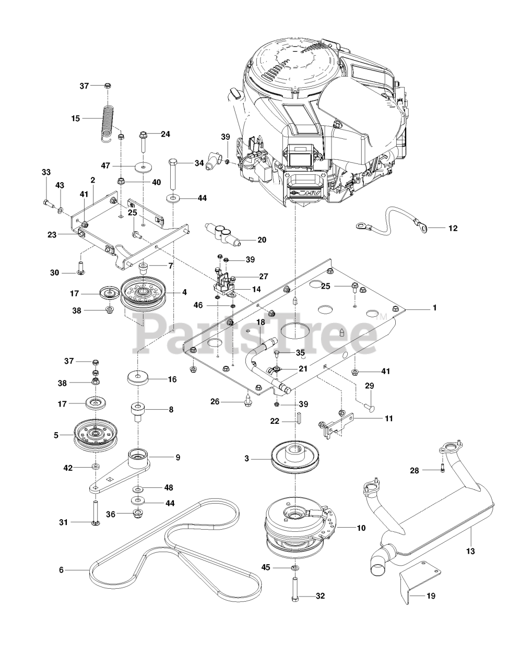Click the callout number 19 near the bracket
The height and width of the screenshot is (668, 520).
[x=431, y=595]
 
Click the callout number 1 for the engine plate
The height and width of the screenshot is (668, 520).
[x=434, y=308]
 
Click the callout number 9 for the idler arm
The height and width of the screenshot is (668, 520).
[x=178, y=458]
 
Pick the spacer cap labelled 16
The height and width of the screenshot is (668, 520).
[x=138, y=377]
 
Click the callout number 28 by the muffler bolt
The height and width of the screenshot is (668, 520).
[x=414, y=471]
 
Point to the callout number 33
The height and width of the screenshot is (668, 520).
[x=46, y=172]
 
